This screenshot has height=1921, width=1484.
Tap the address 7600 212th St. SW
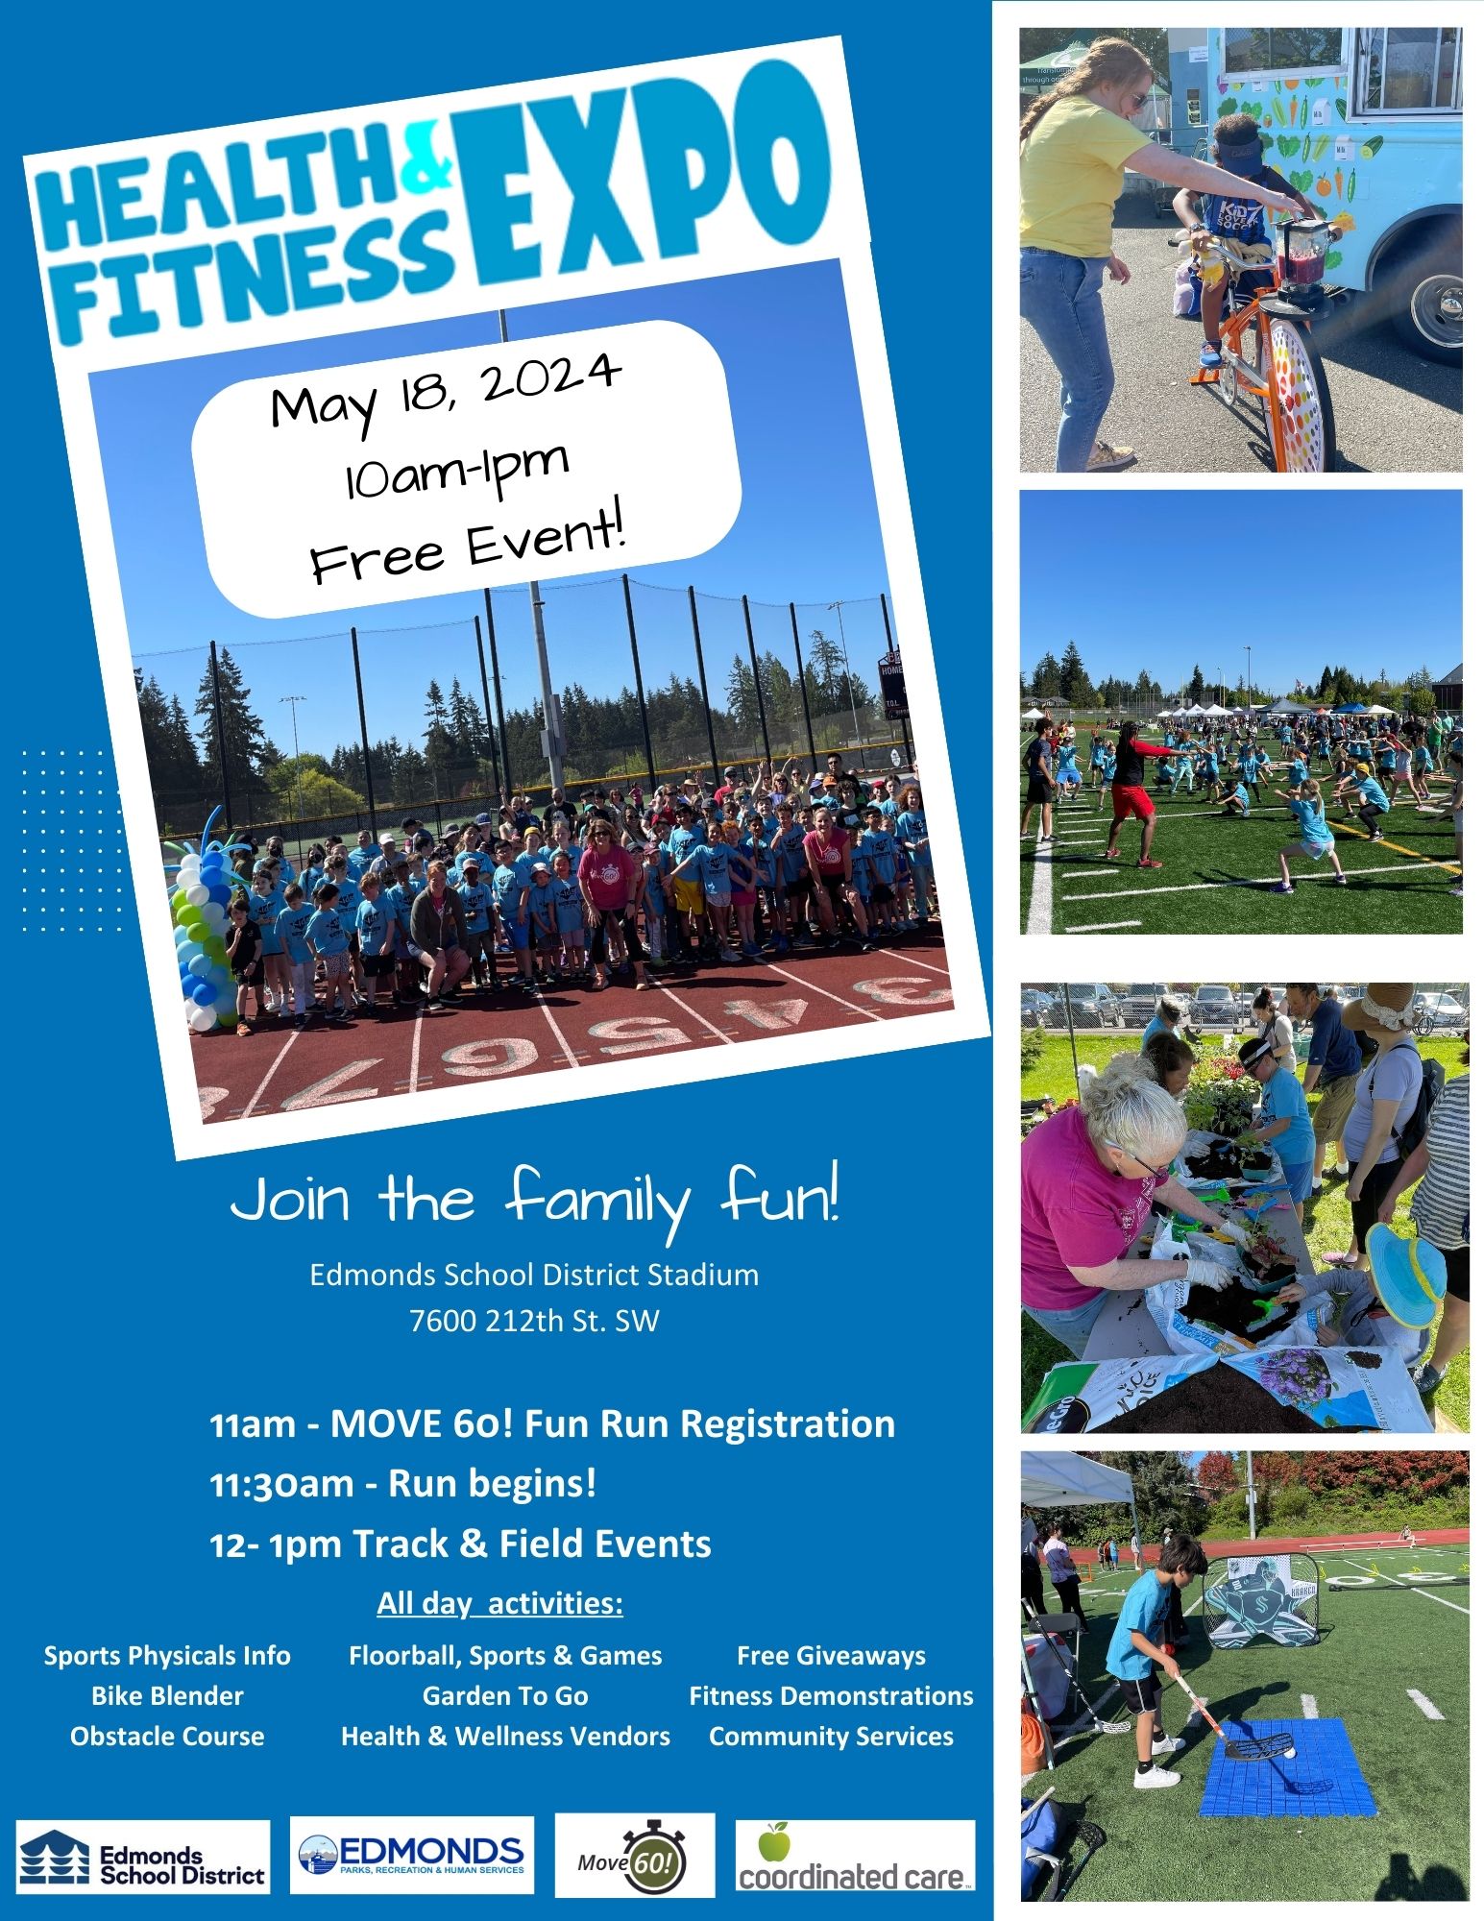[534, 1321]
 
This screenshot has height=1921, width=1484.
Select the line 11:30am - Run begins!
[403, 1484]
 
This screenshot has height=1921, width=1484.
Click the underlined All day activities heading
[499, 1604]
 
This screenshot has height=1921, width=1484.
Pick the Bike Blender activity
[167, 1696]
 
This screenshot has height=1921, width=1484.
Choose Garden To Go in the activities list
[505, 1696]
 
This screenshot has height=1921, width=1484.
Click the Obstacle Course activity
[167, 1737]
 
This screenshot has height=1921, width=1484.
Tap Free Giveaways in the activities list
[831, 1656]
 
